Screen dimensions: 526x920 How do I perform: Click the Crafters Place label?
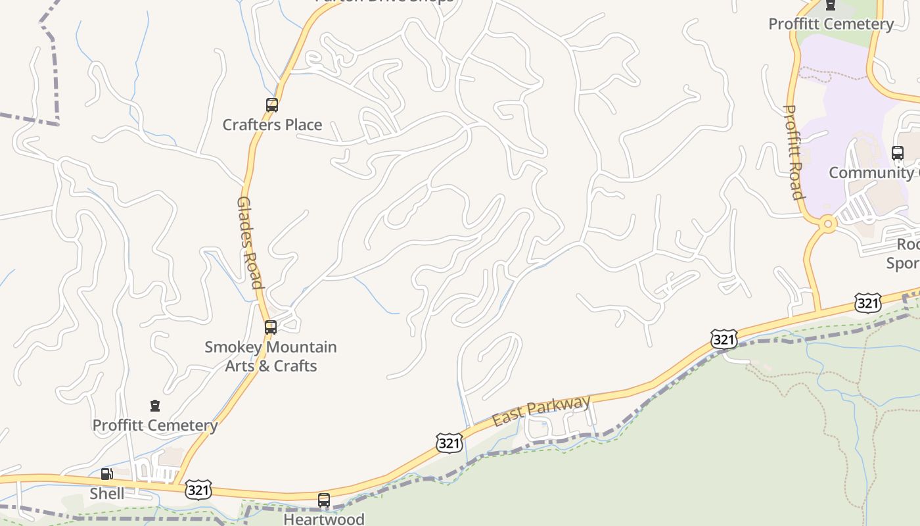(x=272, y=124)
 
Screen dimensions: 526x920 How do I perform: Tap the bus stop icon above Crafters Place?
(x=271, y=105)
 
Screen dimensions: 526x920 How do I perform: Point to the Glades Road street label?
(x=250, y=242)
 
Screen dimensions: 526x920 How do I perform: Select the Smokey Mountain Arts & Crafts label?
(x=271, y=356)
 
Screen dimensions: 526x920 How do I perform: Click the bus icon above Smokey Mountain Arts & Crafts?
(x=270, y=327)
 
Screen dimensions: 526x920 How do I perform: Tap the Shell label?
(x=106, y=493)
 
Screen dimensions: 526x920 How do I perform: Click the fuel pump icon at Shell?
(x=106, y=474)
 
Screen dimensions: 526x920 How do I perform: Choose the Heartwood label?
(x=323, y=519)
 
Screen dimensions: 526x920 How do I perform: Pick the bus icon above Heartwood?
(x=323, y=500)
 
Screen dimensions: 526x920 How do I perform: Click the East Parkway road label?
(x=541, y=410)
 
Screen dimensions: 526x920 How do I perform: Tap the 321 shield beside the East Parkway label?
(x=449, y=442)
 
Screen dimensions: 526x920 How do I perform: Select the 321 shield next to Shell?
(x=198, y=490)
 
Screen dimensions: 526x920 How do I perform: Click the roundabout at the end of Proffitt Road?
(x=827, y=224)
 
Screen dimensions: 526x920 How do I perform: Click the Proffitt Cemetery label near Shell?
(x=155, y=425)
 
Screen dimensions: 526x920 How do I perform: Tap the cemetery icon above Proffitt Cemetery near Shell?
(x=155, y=406)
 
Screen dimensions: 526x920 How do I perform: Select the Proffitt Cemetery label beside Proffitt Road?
(x=831, y=24)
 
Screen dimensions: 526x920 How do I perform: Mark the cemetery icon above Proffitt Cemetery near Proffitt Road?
(x=831, y=5)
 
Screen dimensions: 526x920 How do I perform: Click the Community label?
(x=871, y=172)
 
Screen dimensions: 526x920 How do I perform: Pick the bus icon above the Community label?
(x=898, y=153)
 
